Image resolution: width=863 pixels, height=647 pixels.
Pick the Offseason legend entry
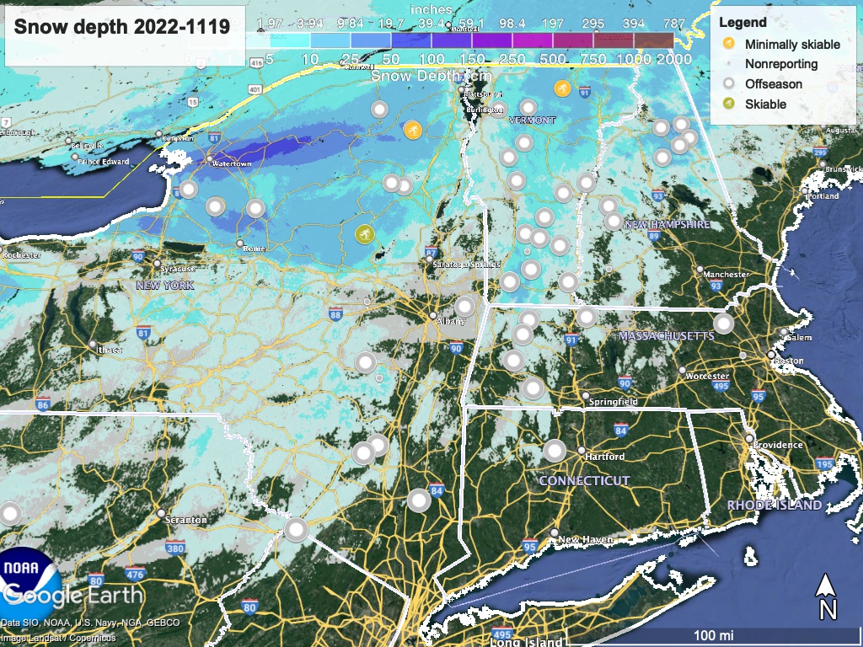[773, 84]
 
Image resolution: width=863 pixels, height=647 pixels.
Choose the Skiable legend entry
[765, 104]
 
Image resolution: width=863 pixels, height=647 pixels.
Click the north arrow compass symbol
[828, 596]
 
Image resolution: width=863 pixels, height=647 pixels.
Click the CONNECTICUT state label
[584, 481]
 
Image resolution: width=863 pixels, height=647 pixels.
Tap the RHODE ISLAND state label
[775, 505]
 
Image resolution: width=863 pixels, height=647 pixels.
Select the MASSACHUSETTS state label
[666, 336]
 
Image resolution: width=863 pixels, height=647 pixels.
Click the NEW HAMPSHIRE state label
[667, 225]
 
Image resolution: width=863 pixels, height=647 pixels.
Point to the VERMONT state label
[533, 120]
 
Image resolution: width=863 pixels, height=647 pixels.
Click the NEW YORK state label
[165, 286]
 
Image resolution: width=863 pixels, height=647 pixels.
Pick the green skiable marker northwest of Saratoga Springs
[364, 234]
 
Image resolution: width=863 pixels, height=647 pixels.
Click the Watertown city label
[233, 163]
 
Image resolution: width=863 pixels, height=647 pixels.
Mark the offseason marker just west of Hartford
[555, 451]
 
